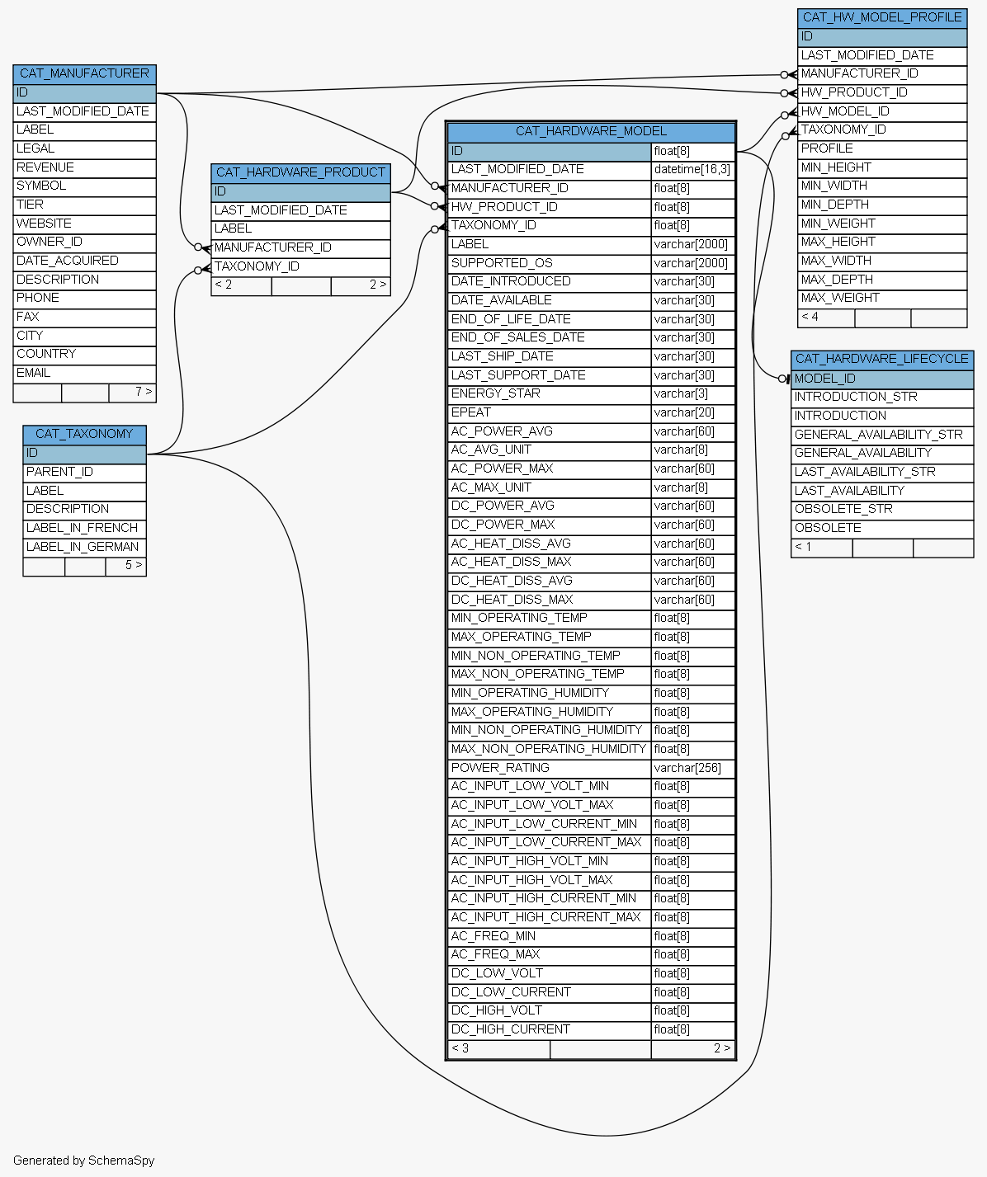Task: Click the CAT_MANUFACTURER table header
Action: pos(85,74)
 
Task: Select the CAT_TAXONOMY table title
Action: pos(85,434)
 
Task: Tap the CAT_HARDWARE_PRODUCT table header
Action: pos(300,172)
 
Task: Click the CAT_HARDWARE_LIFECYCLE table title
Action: pos(882,359)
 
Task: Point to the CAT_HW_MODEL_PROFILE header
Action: pos(882,17)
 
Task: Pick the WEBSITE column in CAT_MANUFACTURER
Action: pos(44,224)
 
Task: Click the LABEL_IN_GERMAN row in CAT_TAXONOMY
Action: pos(83,547)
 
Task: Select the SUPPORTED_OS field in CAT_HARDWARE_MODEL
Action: pos(502,263)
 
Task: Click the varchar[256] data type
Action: pos(687,769)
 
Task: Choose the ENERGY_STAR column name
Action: pos(496,393)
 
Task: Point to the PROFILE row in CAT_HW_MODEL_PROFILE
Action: pos(827,148)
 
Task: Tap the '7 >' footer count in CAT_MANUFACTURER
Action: pos(144,392)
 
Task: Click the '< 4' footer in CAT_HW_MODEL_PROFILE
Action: pos(810,317)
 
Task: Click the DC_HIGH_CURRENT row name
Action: pos(511,1029)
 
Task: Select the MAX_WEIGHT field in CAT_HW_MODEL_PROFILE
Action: pos(840,299)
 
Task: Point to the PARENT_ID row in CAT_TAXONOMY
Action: pos(59,472)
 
